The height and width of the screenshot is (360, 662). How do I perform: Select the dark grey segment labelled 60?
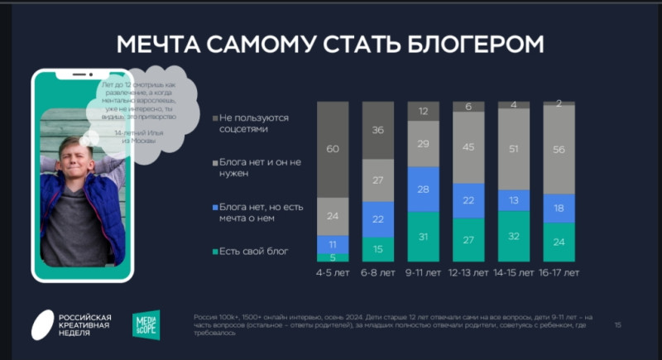point(333,150)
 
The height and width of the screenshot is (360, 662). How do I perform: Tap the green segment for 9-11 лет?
point(423,238)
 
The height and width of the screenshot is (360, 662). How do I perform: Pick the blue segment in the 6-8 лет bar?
point(378,218)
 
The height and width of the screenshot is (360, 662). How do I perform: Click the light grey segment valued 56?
point(559,149)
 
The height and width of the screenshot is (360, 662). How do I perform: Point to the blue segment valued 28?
point(423,190)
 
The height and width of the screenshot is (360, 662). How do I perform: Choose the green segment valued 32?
point(513,236)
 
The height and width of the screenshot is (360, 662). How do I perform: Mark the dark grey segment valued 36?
point(378,131)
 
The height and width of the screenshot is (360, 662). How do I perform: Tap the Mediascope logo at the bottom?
point(146,324)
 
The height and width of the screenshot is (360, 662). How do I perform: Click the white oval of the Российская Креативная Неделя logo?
point(42,324)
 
